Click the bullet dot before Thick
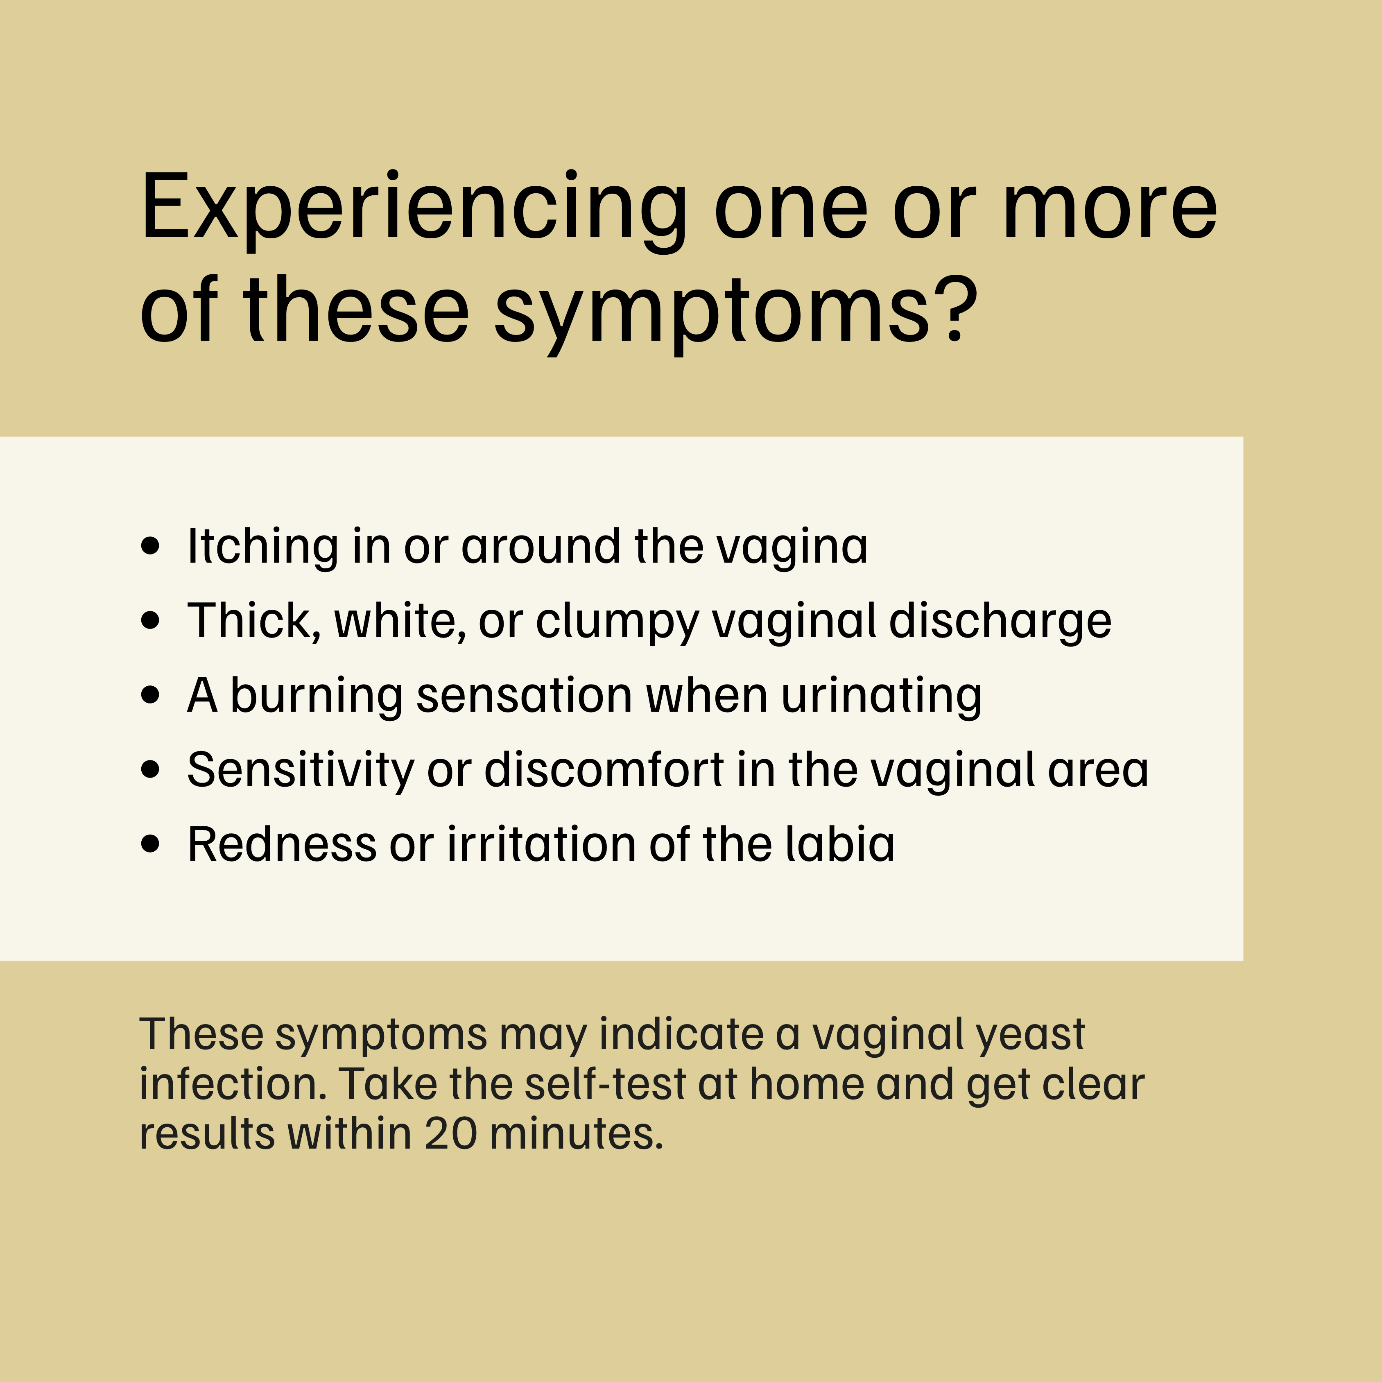point(150,621)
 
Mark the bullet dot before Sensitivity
point(150,770)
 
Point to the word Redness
point(281,844)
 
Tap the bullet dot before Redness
point(150,844)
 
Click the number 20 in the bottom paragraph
point(451,1135)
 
